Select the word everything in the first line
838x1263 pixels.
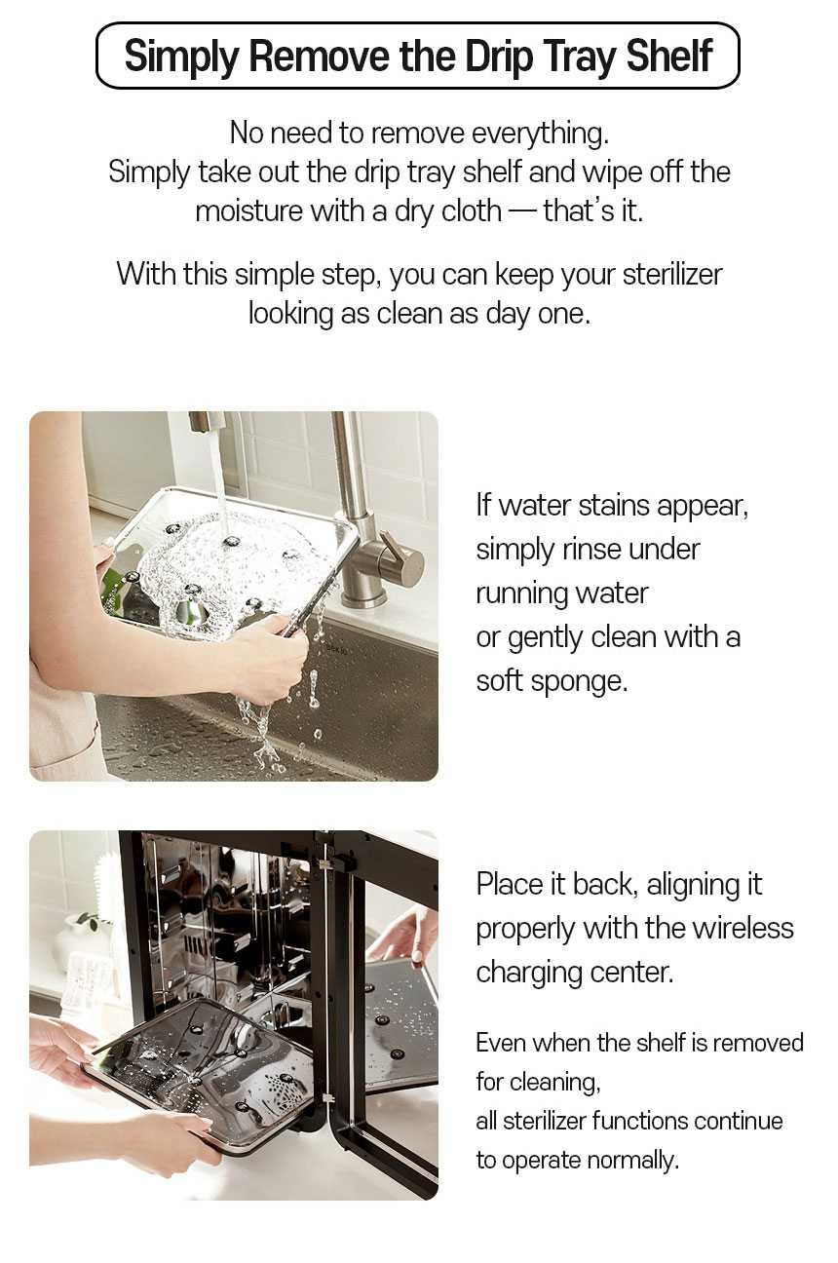(x=540, y=134)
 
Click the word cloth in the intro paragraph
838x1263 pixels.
(x=471, y=210)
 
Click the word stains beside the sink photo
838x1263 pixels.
(x=615, y=505)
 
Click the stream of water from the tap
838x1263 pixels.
(x=218, y=479)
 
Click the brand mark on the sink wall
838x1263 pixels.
(x=337, y=648)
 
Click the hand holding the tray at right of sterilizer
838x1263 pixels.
(x=403, y=935)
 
